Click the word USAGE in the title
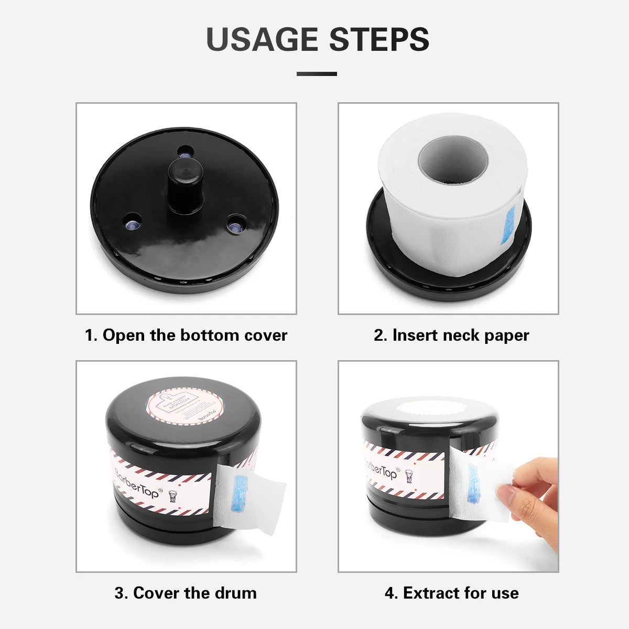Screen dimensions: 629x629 262,39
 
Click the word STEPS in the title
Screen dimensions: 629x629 379,39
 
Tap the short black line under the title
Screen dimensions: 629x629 317,74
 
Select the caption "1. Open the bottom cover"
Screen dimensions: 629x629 186,335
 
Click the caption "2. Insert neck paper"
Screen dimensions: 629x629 451,335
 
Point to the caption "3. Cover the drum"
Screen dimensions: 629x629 186,593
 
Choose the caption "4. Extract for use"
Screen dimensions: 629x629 451,593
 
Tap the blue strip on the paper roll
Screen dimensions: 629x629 508,225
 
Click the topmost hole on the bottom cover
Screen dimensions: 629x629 185,152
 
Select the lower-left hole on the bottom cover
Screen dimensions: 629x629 133,222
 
